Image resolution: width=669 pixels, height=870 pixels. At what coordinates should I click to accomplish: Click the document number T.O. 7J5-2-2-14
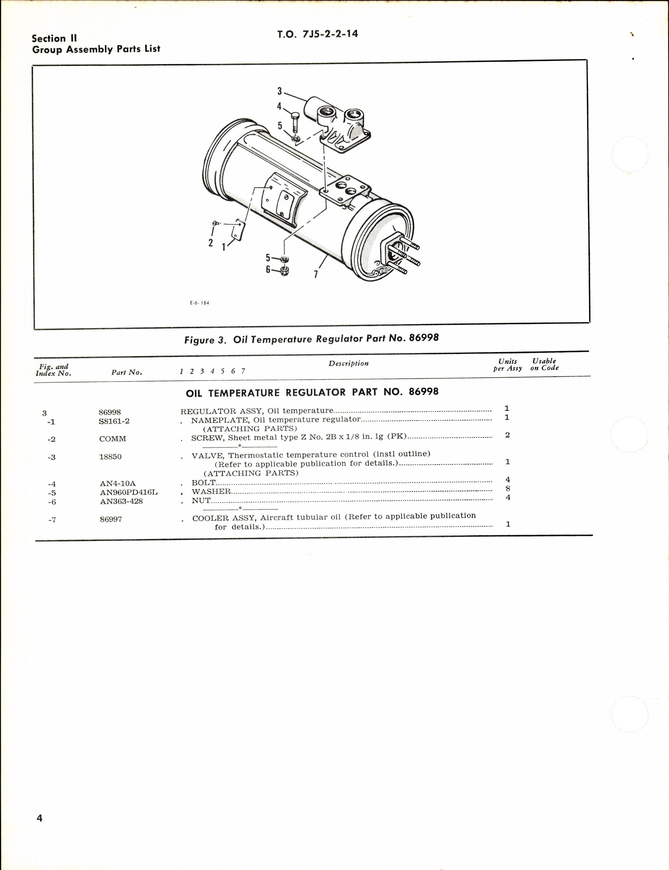317,34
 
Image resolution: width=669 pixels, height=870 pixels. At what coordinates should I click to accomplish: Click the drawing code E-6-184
200,303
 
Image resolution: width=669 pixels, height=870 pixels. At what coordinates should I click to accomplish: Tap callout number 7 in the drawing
316,274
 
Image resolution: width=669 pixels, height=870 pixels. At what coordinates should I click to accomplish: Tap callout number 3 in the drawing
280,91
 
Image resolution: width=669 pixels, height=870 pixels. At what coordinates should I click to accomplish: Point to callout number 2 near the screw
210,242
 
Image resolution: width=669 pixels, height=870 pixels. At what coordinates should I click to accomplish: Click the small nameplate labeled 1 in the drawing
239,230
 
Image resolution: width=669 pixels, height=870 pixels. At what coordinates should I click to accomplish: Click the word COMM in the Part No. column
113,439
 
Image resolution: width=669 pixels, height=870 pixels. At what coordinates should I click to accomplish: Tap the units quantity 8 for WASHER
508,489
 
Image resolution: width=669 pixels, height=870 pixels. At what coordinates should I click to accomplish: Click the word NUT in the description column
201,501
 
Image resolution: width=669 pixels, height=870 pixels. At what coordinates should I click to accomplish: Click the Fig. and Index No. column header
53,370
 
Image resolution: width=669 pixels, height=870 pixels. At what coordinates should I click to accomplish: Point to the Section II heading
54,39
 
